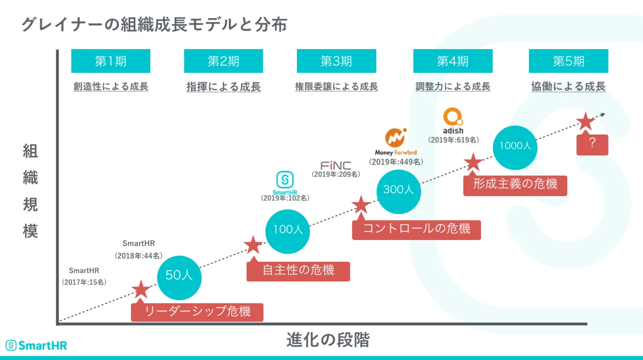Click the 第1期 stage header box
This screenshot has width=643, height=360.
[x=111, y=61]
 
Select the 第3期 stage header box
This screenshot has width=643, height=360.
[x=336, y=61]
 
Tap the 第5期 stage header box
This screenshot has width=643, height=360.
[x=568, y=61]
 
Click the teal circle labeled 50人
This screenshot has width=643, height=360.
[x=179, y=275]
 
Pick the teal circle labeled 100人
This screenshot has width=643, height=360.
[x=288, y=230]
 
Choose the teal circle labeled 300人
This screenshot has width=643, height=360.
[x=399, y=190]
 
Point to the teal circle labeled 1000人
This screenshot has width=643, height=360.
[x=515, y=146]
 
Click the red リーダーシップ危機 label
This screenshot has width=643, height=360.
[x=197, y=312]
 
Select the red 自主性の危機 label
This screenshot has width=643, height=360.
[x=298, y=271]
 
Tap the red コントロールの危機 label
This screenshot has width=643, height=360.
[x=417, y=230]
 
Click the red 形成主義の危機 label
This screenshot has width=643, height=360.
[x=515, y=184]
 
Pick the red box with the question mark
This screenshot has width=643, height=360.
[x=592, y=144]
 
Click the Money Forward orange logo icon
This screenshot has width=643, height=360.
[x=396, y=137]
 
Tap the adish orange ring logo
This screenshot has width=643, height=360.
[x=452, y=117]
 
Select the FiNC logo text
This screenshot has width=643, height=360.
[x=336, y=166]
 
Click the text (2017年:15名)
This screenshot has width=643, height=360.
[x=84, y=282]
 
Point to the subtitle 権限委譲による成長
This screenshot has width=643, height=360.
[x=336, y=87]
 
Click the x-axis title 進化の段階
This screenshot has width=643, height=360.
[x=328, y=340]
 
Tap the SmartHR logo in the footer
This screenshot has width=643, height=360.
[x=36, y=345]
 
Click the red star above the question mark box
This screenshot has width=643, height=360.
[x=585, y=122]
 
